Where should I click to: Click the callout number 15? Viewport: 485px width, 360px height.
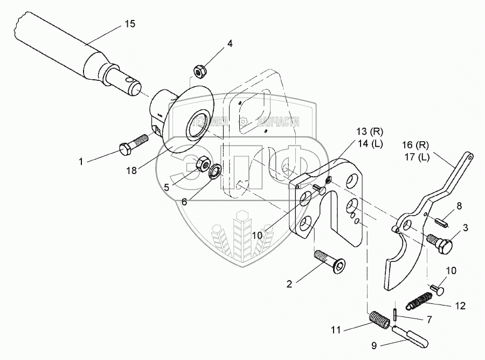point(129,24)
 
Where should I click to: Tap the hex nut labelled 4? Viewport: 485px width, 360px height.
point(198,70)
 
